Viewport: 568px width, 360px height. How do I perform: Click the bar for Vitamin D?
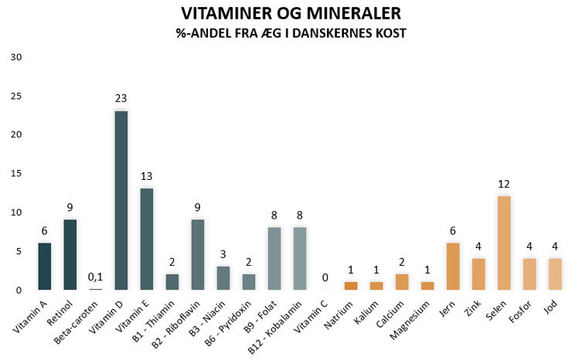(x=121, y=201)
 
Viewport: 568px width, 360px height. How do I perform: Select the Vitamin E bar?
(x=147, y=239)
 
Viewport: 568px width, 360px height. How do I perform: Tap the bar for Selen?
(x=504, y=243)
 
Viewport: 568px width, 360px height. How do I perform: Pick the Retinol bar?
(x=70, y=255)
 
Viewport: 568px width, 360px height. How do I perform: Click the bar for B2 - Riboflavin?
(x=198, y=255)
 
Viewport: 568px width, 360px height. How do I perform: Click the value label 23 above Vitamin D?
(x=121, y=99)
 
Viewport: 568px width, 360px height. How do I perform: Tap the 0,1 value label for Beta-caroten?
(x=96, y=277)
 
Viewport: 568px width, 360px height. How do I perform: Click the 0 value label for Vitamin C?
(x=325, y=278)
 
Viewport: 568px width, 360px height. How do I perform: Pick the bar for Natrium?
(x=351, y=286)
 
